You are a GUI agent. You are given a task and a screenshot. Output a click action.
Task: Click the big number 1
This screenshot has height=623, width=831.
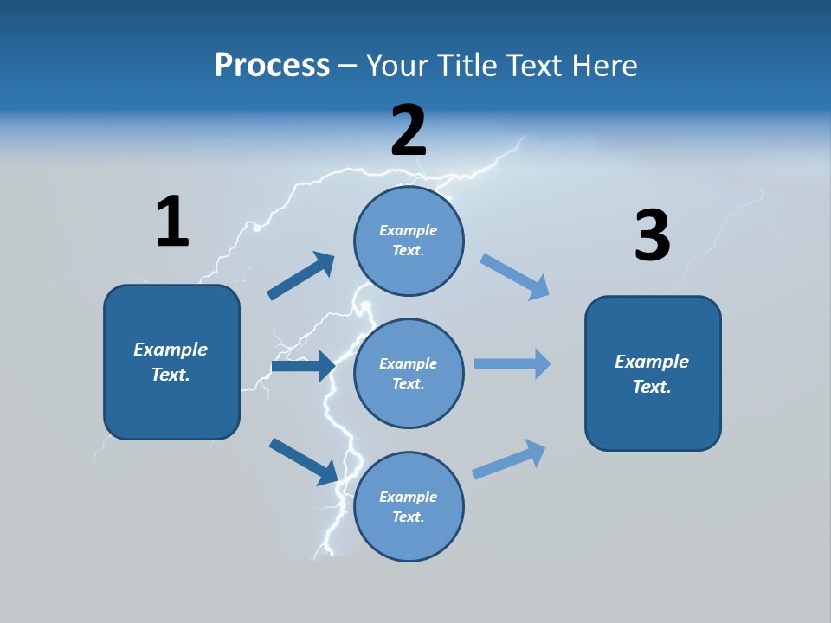tap(172, 222)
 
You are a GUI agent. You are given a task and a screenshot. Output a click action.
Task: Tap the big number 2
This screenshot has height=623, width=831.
tap(409, 131)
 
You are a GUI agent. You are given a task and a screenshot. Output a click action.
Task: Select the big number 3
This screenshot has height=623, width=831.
tap(652, 235)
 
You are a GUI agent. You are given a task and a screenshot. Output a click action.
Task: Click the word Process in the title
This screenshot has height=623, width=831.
tap(272, 65)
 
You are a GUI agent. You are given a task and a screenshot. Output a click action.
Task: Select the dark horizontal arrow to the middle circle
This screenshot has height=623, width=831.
tap(303, 366)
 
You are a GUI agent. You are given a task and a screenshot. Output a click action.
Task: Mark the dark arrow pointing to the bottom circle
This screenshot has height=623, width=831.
tap(304, 461)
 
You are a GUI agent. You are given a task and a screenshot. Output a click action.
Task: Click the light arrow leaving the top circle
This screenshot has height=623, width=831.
tap(515, 277)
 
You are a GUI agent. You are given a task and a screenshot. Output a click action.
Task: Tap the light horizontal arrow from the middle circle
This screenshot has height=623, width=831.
tap(512, 363)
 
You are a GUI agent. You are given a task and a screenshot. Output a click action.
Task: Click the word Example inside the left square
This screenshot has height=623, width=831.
tap(171, 350)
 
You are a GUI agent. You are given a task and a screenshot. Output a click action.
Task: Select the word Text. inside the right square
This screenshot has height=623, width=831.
tap(652, 387)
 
